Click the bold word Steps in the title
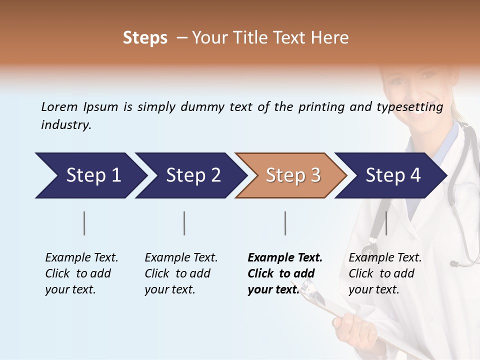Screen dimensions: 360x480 [x=145, y=38]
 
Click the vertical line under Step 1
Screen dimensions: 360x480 [x=84, y=223]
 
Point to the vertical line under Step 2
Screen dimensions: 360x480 [x=184, y=223]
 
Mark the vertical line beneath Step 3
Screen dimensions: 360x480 [x=285, y=223]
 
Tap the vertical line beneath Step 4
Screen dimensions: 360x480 [x=386, y=223]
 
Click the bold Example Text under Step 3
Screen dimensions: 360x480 [x=285, y=273]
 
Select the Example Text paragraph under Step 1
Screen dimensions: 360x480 [x=81, y=273]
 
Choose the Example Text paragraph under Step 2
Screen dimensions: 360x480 [x=181, y=273]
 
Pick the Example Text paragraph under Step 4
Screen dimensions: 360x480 [x=385, y=273]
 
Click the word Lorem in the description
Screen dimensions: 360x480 [x=59, y=107]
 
